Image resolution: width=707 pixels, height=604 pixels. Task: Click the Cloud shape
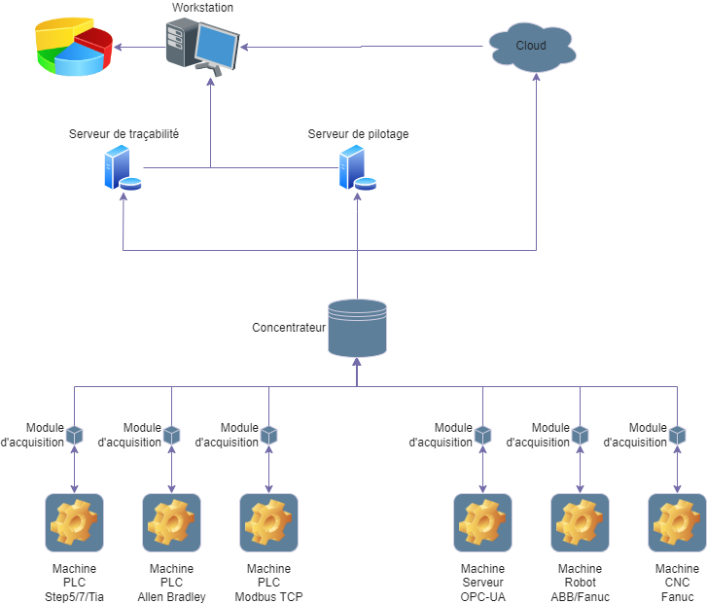click(530, 47)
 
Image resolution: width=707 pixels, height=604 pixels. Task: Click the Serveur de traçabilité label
click(124, 133)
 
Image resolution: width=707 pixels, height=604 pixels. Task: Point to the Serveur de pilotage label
click(358, 133)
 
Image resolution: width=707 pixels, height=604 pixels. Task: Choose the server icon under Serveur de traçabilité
click(122, 168)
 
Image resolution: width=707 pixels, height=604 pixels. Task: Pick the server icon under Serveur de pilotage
click(356, 168)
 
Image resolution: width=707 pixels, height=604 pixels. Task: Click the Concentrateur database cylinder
click(357, 328)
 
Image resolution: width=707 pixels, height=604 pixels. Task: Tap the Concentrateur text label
click(289, 328)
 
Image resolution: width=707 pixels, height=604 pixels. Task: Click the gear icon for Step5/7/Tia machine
click(75, 522)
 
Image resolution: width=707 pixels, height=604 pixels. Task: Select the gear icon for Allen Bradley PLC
click(172, 522)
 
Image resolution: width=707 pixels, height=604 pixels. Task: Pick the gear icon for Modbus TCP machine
click(269, 522)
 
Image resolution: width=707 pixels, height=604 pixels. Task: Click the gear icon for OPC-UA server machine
click(483, 522)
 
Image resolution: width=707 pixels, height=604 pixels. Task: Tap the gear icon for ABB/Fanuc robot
click(581, 522)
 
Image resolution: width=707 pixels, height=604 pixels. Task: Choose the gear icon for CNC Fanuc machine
click(678, 522)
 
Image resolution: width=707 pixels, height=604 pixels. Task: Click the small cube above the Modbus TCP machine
click(269, 435)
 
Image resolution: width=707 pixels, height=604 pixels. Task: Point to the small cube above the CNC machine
click(678, 435)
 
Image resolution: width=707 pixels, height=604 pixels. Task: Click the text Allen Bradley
click(172, 596)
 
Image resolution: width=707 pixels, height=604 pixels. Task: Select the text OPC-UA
click(483, 596)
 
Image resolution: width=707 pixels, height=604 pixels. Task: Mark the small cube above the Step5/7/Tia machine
click(75, 435)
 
